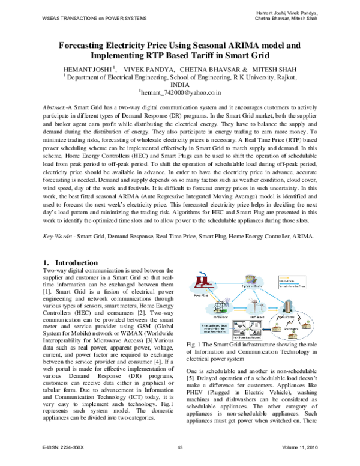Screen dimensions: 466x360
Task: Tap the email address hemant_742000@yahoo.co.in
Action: click(x=180, y=94)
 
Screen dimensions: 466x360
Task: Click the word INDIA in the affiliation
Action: click(x=180, y=85)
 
